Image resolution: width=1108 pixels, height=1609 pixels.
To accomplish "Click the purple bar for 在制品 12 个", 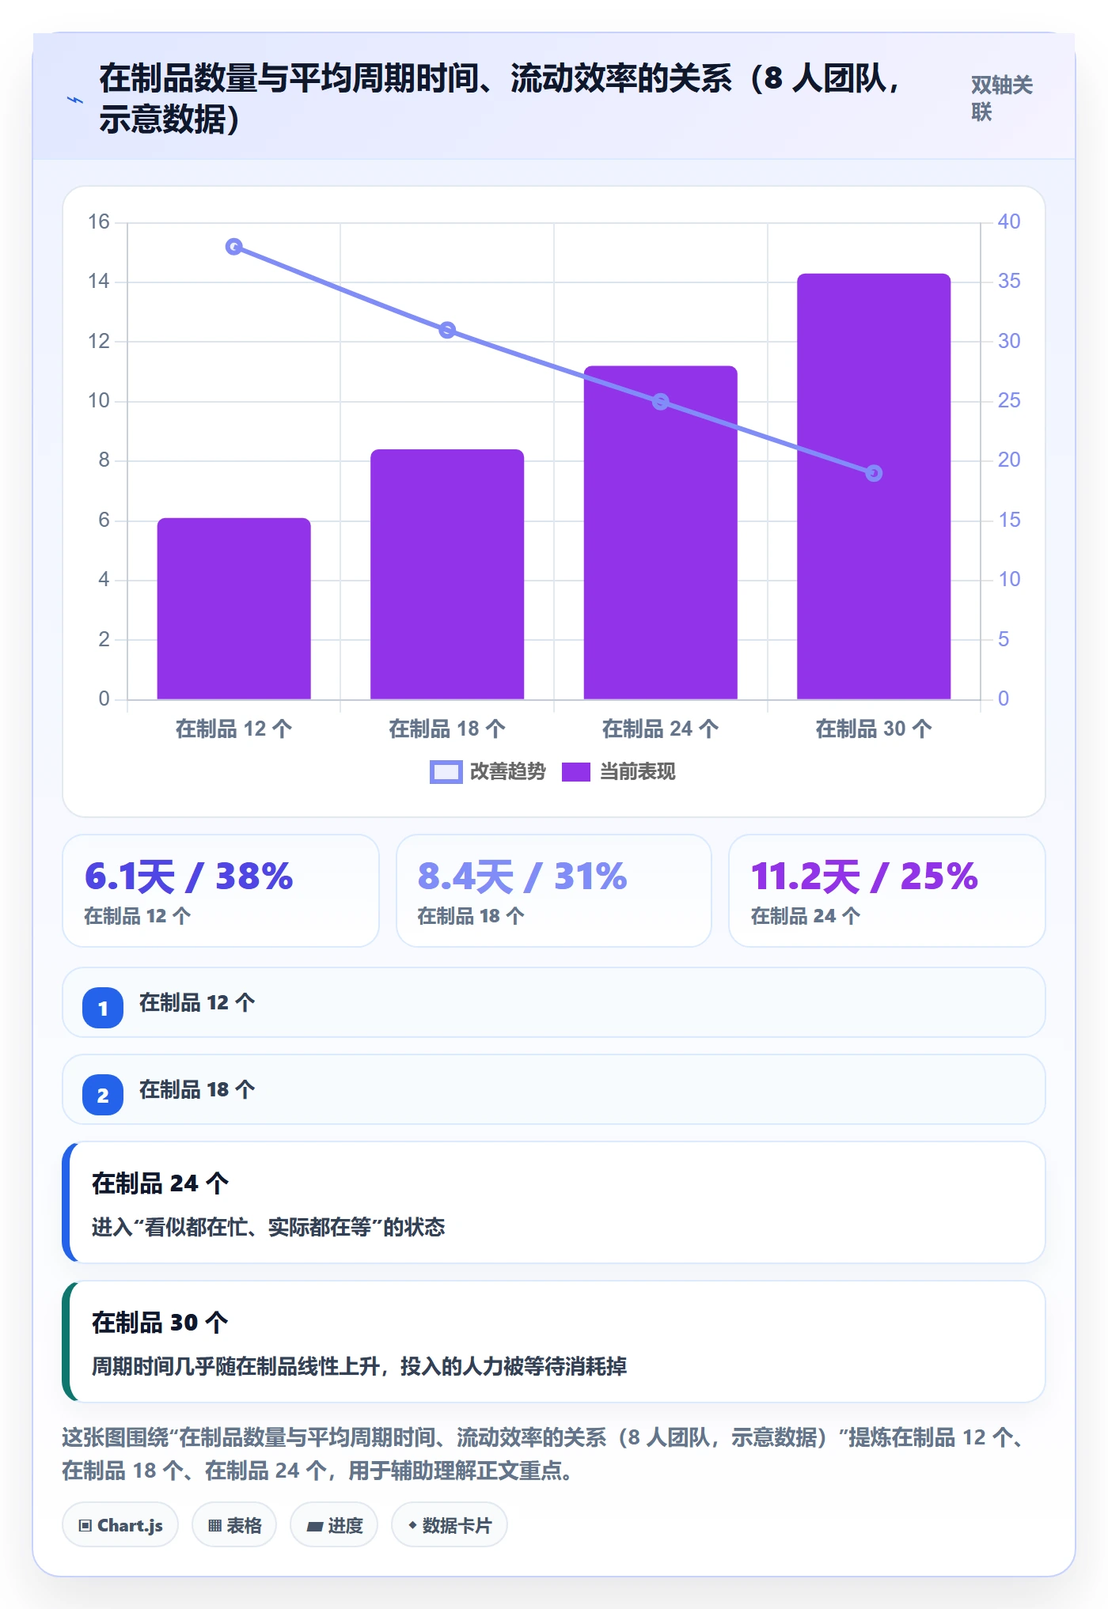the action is [x=233, y=608].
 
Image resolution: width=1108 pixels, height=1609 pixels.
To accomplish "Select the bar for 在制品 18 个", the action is [x=447, y=574].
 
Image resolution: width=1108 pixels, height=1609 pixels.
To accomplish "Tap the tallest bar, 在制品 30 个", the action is [x=874, y=486].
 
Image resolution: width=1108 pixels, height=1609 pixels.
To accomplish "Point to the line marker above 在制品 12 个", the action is [x=233, y=247].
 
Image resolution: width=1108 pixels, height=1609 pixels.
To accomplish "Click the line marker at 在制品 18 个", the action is [x=447, y=330].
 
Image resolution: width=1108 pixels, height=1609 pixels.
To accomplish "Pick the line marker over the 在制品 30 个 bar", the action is [x=874, y=473].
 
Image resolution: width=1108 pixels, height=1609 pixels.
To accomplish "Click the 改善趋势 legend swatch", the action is [x=446, y=772].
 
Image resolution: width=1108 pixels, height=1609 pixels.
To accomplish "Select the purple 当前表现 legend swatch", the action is [x=576, y=772].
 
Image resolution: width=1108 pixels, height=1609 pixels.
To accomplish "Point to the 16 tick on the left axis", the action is [x=99, y=221].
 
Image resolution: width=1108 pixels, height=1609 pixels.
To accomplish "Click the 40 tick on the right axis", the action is [x=1009, y=221].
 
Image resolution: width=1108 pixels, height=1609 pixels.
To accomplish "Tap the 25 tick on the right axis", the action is [x=1009, y=400].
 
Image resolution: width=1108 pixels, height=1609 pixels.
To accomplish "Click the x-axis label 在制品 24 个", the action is [x=660, y=729].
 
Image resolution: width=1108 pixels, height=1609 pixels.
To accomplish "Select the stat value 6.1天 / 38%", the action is [x=189, y=876].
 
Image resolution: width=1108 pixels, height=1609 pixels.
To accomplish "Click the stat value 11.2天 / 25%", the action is [x=864, y=876].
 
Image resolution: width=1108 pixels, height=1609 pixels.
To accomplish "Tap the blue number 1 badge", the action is [x=103, y=1008].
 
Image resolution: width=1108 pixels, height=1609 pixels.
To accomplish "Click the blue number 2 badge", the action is [x=103, y=1095].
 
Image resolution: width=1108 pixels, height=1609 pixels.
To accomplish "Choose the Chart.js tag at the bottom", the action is [x=120, y=1525].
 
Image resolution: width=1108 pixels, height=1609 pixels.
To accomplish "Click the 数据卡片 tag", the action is [x=450, y=1525].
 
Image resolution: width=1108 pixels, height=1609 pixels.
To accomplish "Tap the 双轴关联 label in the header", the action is [x=1002, y=98].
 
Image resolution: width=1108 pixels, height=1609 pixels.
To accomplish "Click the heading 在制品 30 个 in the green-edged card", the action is [x=160, y=1323].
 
